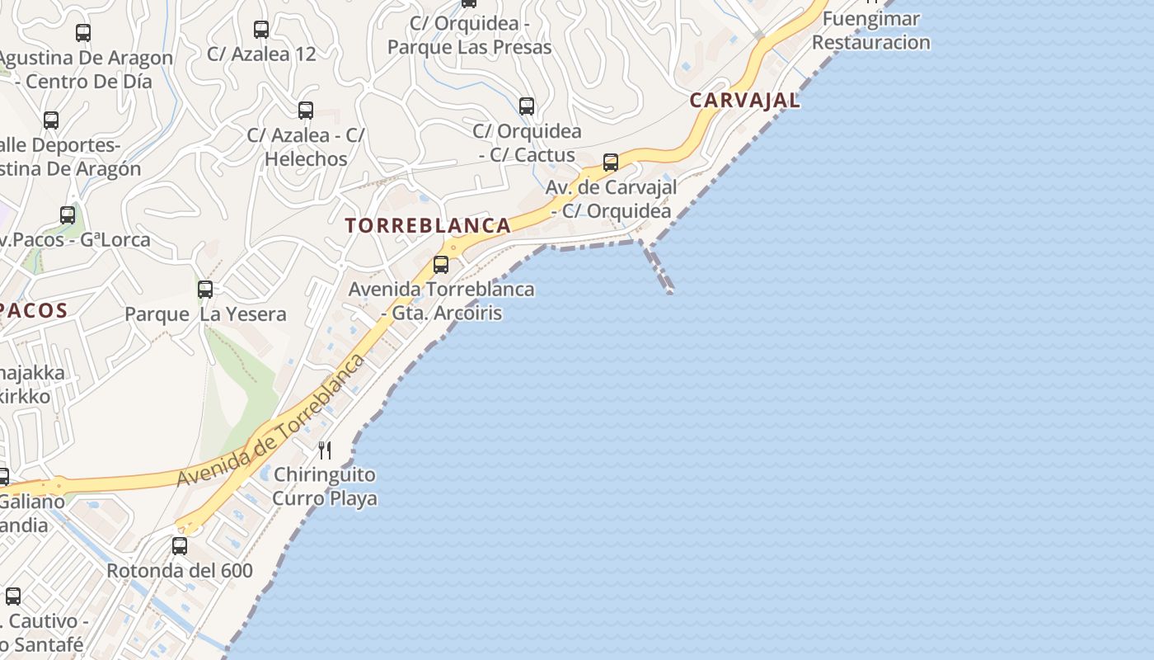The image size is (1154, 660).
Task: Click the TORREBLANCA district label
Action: point(428,225)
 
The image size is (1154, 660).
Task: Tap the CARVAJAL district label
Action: point(744,101)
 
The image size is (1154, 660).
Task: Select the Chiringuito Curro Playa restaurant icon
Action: point(326,450)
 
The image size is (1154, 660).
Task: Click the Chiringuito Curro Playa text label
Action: point(325,487)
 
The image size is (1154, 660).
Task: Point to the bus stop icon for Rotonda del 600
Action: point(180,545)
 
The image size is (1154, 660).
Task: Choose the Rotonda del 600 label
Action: point(180,571)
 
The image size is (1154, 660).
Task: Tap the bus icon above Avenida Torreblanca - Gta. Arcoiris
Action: point(441,265)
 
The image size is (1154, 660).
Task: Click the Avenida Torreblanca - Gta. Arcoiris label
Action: point(441,301)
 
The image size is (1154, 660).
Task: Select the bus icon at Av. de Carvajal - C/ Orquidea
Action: point(611,163)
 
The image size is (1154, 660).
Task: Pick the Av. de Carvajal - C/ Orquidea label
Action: point(611,199)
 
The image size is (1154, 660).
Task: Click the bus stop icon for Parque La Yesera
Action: point(205,290)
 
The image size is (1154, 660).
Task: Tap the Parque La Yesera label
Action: point(205,314)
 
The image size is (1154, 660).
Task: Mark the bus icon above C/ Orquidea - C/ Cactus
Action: point(527,106)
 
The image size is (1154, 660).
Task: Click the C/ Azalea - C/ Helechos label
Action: point(306,147)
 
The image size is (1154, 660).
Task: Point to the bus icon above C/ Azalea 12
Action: point(261,30)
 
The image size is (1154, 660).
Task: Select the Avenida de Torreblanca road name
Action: point(272,421)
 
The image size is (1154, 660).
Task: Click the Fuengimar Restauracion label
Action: point(871,31)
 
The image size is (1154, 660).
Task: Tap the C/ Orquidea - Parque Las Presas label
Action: point(469,35)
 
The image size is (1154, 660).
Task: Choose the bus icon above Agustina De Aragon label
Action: point(83,33)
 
